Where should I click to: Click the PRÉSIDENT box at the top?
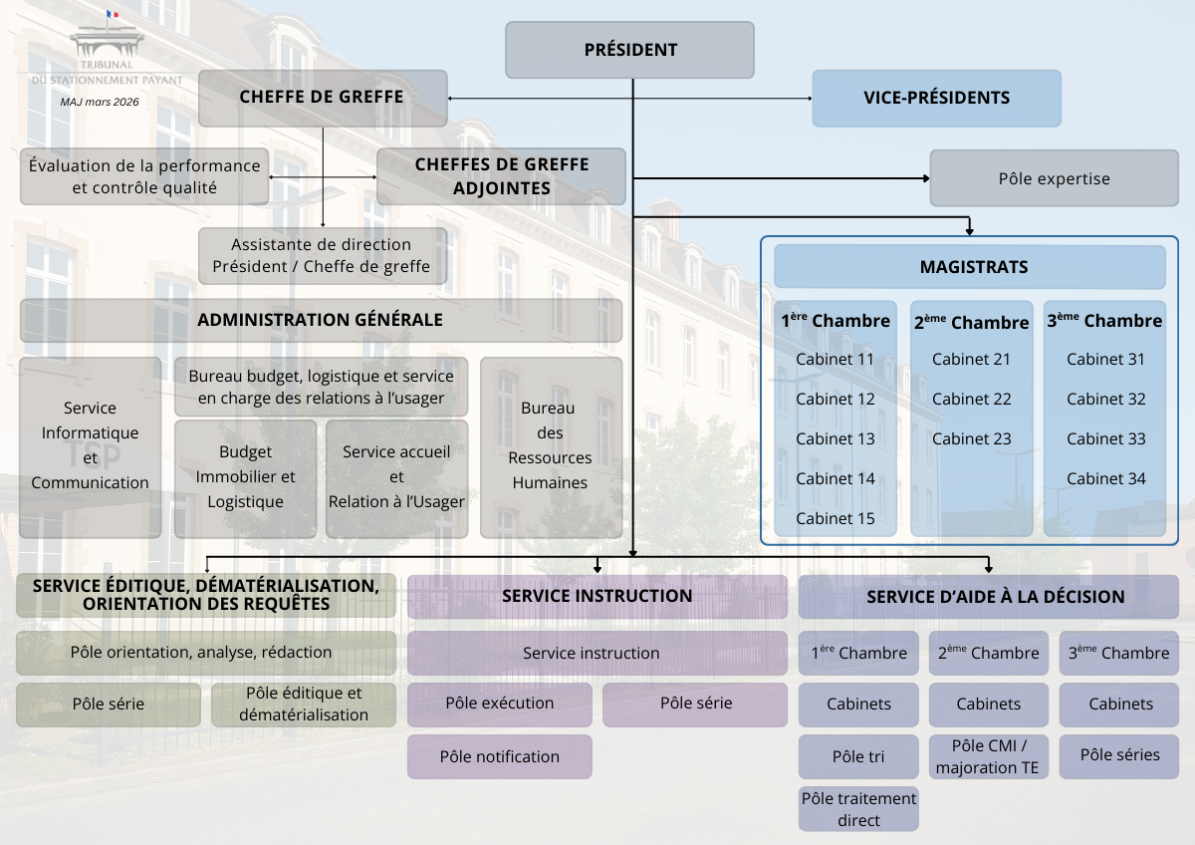click(629, 50)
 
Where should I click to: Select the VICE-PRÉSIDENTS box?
click(936, 98)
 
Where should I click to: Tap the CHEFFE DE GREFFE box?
click(322, 98)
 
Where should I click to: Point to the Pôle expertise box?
click(1054, 178)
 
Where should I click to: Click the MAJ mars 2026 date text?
click(100, 102)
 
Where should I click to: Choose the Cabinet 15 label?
click(836, 518)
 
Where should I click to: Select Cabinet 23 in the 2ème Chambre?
click(971, 438)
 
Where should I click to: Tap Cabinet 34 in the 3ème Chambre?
click(1105, 478)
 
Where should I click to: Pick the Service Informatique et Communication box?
click(90, 446)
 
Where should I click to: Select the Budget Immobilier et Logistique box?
click(245, 477)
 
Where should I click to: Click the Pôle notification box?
click(499, 756)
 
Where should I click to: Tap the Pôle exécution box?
click(499, 703)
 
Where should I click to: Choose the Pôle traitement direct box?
click(858, 808)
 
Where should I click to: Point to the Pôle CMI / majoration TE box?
click(988, 756)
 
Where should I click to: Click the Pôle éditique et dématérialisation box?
click(303, 704)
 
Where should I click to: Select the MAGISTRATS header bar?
click(969, 267)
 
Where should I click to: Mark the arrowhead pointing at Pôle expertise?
click(924, 178)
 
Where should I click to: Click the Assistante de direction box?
click(322, 255)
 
